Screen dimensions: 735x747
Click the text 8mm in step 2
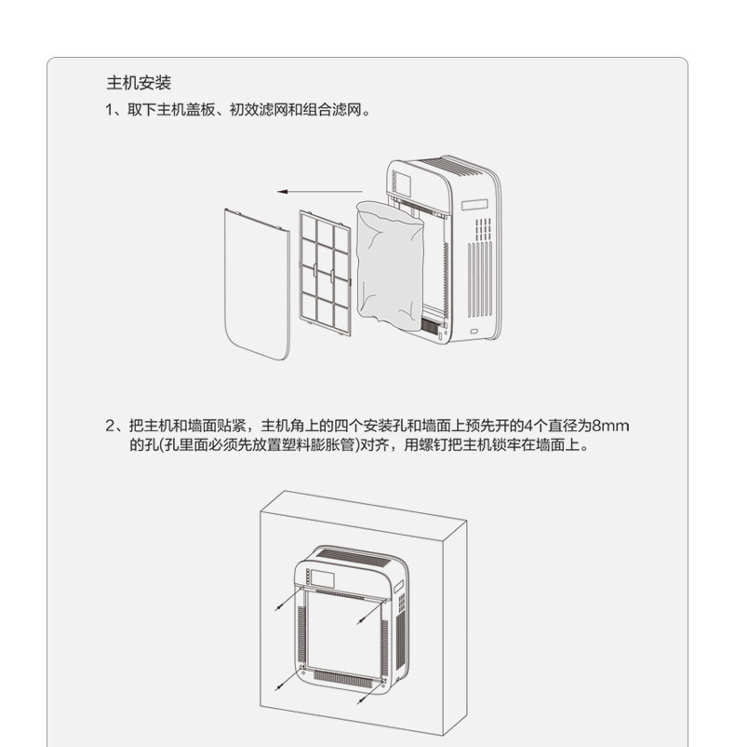click(610, 426)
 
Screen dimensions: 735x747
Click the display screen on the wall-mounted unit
click(323, 577)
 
